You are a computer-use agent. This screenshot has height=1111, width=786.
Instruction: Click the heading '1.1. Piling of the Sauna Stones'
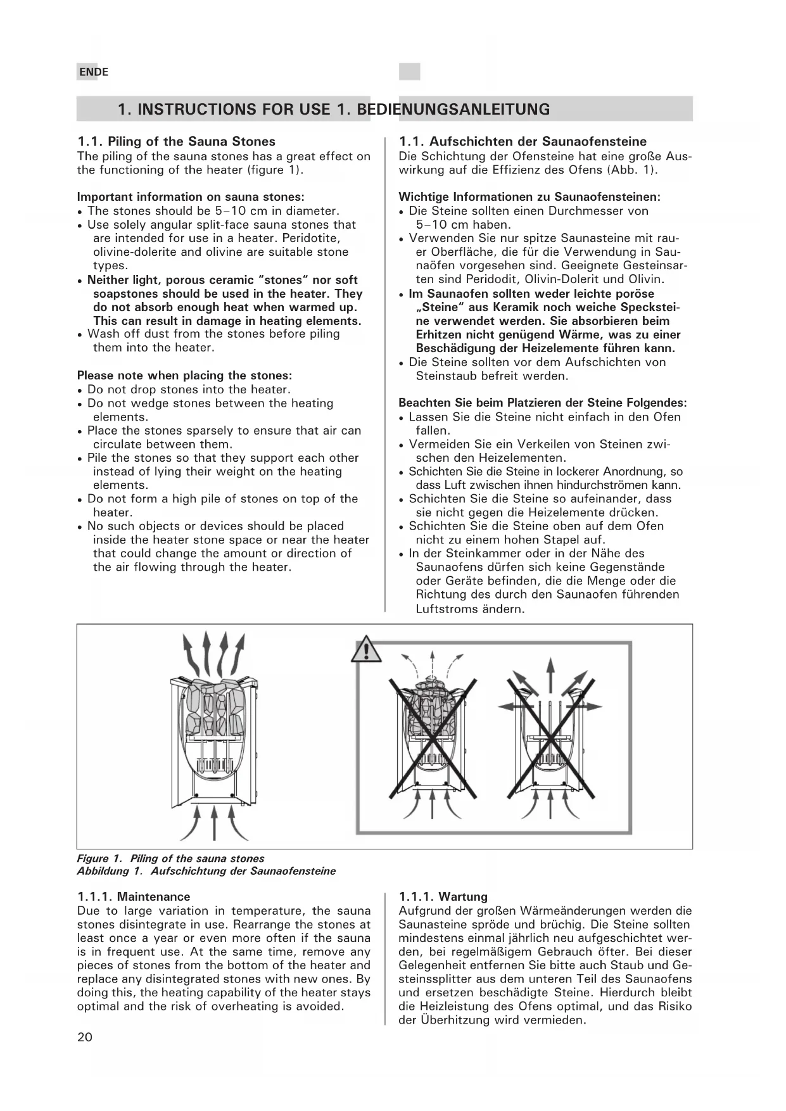pos(176,141)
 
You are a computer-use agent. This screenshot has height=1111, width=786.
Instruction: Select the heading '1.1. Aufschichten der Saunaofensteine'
pos(523,141)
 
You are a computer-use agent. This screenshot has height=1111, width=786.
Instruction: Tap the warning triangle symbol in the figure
pos(365,651)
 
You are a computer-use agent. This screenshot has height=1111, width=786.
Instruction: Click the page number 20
pos(84,1037)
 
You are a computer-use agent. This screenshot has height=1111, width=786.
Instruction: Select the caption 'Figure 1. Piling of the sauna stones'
pos(170,859)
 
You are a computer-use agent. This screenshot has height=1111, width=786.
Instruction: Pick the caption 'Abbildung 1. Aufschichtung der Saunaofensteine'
pos(206,871)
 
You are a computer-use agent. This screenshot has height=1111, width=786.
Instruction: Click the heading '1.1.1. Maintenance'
pos(134,897)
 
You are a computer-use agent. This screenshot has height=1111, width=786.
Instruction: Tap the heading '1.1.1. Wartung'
pos(443,897)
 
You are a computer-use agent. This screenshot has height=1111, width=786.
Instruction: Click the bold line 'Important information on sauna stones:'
pos(191,197)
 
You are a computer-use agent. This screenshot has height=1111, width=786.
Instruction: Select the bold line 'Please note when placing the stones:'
pos(184,376)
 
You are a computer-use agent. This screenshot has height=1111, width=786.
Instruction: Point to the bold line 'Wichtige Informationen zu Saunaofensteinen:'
pos(529,197)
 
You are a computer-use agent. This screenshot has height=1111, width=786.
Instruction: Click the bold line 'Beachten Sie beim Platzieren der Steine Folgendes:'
pos(542,403)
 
